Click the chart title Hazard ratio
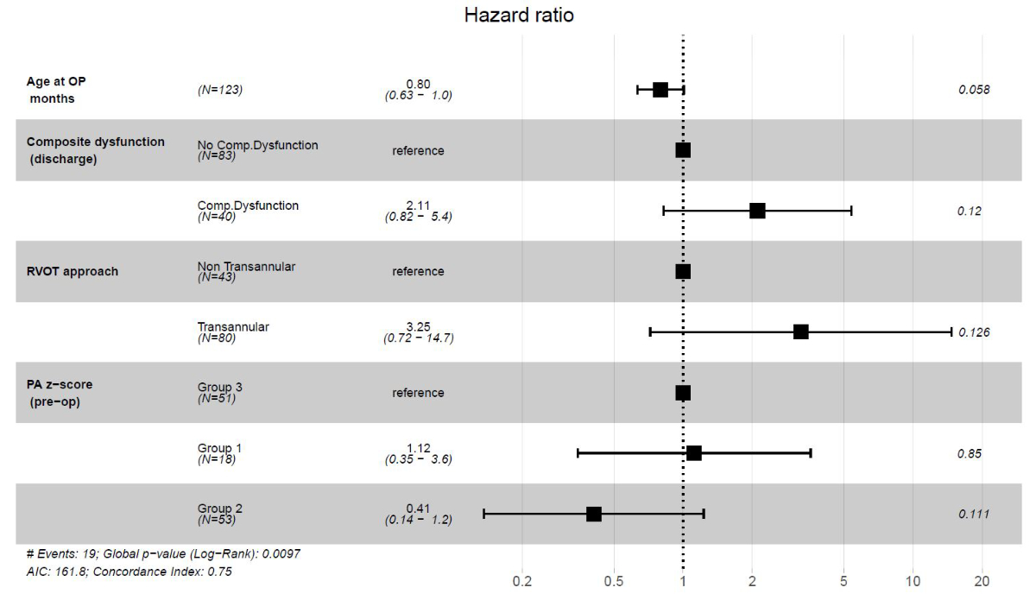point(518,16)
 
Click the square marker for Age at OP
point(660,90)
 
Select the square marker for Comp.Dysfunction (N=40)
point(757,211)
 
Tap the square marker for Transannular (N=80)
point(800,332)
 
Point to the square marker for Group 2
point(594,514)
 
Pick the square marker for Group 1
point(694,453)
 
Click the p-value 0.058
point(974,90)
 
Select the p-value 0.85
point(970,453)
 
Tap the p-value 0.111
point(974,514)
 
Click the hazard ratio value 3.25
point(418,326)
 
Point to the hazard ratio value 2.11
point(418,205)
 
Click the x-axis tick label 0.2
point(522,581)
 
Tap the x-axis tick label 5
point(843,581)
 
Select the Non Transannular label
point(246,267)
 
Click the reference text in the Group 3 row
point(418,393)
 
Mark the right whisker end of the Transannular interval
point(951,332)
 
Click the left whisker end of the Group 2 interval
point(484,514)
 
